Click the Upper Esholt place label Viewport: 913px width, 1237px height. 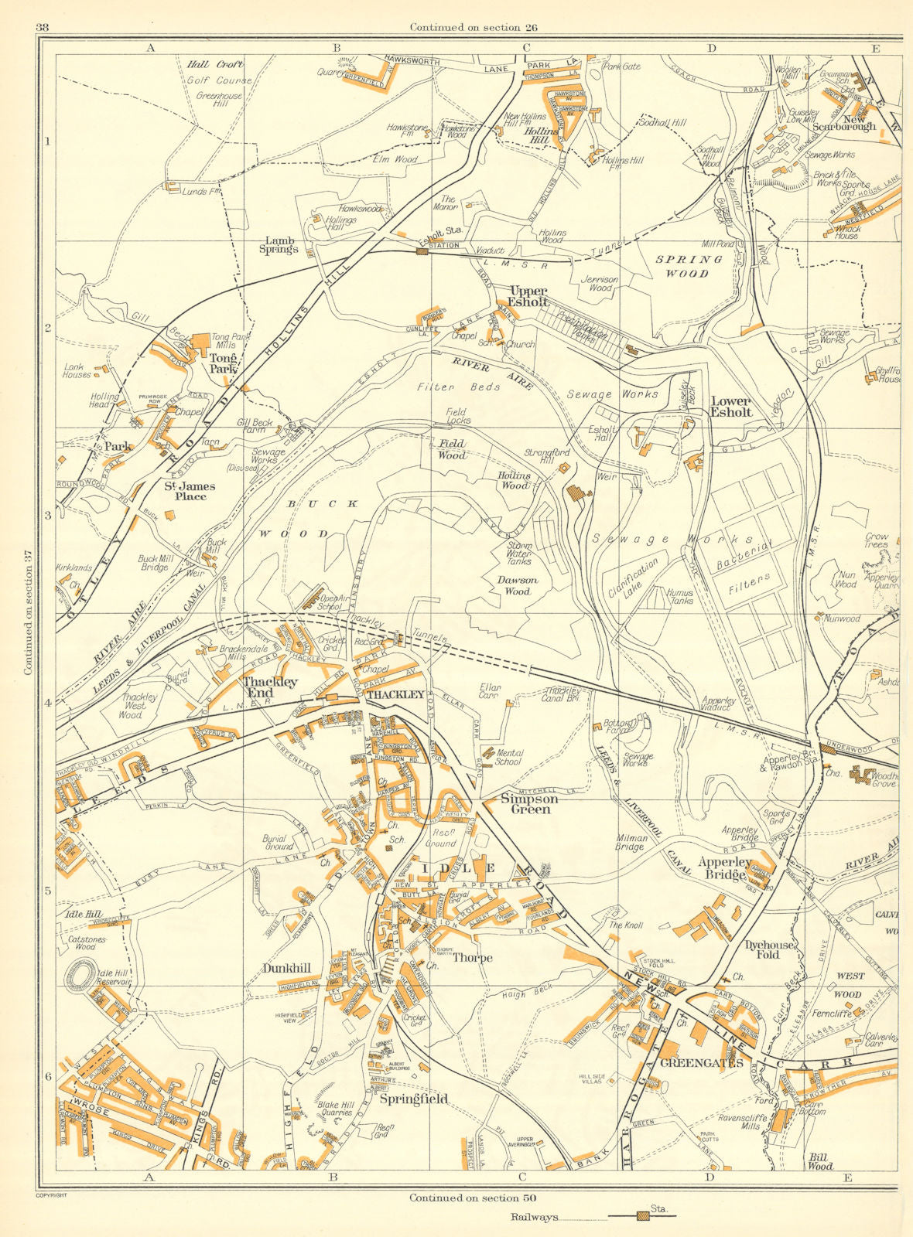[x=528, y=296]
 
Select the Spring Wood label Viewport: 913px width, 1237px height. [x=682, y=266]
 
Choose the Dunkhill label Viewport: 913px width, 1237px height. [x=286, y=967]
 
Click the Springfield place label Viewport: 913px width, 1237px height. [x=413, y=1099]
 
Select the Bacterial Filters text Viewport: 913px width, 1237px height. [x=744, y=561]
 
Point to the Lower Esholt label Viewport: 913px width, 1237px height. [x=731, y=407]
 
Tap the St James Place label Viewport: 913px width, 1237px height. [x=190, y=492]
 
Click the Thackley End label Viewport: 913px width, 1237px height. [x=270, y=687]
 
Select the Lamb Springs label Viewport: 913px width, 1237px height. [x=279, y=245]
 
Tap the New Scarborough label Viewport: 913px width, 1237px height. [x=848, y=122]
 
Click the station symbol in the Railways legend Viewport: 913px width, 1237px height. [x=643, y=1216]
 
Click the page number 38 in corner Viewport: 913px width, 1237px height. [x=43, y=28]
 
